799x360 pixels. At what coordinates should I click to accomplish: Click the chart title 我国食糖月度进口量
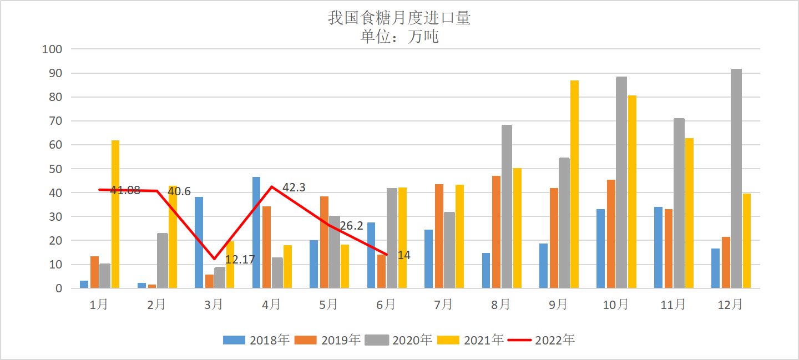pos(399,18)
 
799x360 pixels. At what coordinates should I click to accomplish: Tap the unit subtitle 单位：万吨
pos(399,37)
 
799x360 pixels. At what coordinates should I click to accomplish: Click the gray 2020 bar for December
pos(736,178)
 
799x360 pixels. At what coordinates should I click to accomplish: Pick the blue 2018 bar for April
pos(256,232)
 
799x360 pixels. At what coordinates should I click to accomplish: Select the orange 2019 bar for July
pos(439,236)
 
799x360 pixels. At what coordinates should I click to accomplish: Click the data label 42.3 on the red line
pos(294,187)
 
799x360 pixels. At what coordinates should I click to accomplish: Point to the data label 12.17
pos(241,258)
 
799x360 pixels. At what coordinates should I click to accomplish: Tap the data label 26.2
pos(351,226)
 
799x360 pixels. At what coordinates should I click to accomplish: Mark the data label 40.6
pos(179,191)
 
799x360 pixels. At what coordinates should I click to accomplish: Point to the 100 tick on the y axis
pos(52,49)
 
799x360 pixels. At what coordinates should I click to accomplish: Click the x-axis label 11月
pos(673,305)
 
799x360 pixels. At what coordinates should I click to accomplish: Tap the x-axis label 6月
pos(386,305)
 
